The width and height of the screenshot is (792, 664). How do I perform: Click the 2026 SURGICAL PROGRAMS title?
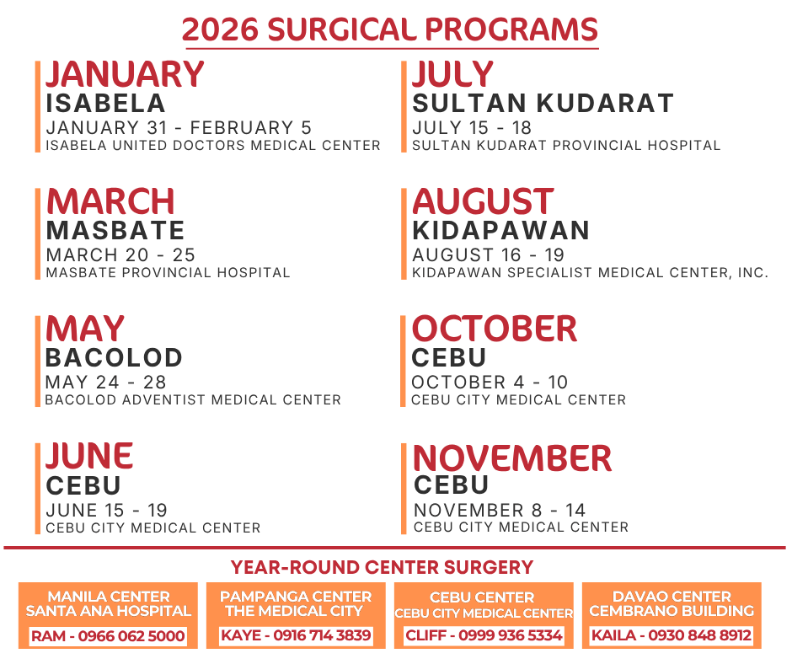pos(390,30)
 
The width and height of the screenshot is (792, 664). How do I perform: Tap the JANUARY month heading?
pos(125,74)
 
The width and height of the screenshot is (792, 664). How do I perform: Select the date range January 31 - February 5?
pos(179,128)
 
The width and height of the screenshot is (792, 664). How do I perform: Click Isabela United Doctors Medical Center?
pos(213,146)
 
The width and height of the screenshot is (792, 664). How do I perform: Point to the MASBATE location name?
pos(115,230)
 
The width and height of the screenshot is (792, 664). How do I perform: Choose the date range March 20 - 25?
pos(120,255)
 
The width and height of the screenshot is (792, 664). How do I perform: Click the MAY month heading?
pos(85,329)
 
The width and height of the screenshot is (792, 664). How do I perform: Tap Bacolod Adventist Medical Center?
pos(193,400)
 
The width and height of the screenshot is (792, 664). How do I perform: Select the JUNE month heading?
pos(89,457)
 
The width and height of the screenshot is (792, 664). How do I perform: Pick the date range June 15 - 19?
pos(107,511)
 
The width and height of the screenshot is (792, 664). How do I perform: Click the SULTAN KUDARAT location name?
pos(543,103)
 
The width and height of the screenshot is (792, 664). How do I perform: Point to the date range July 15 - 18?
pos(472,128)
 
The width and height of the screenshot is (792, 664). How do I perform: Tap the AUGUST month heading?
pos(483,202)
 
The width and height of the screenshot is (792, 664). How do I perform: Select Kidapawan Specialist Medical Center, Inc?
pos(590,273)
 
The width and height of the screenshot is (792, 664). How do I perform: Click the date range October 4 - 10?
pos(490,383)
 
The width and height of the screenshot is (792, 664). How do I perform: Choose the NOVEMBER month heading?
pos(512,458)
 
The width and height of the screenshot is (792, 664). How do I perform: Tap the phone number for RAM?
pos(131,636)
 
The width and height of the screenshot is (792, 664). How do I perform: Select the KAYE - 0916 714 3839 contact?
pos(296,635)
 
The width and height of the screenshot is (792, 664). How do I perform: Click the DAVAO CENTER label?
pos(672,597)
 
